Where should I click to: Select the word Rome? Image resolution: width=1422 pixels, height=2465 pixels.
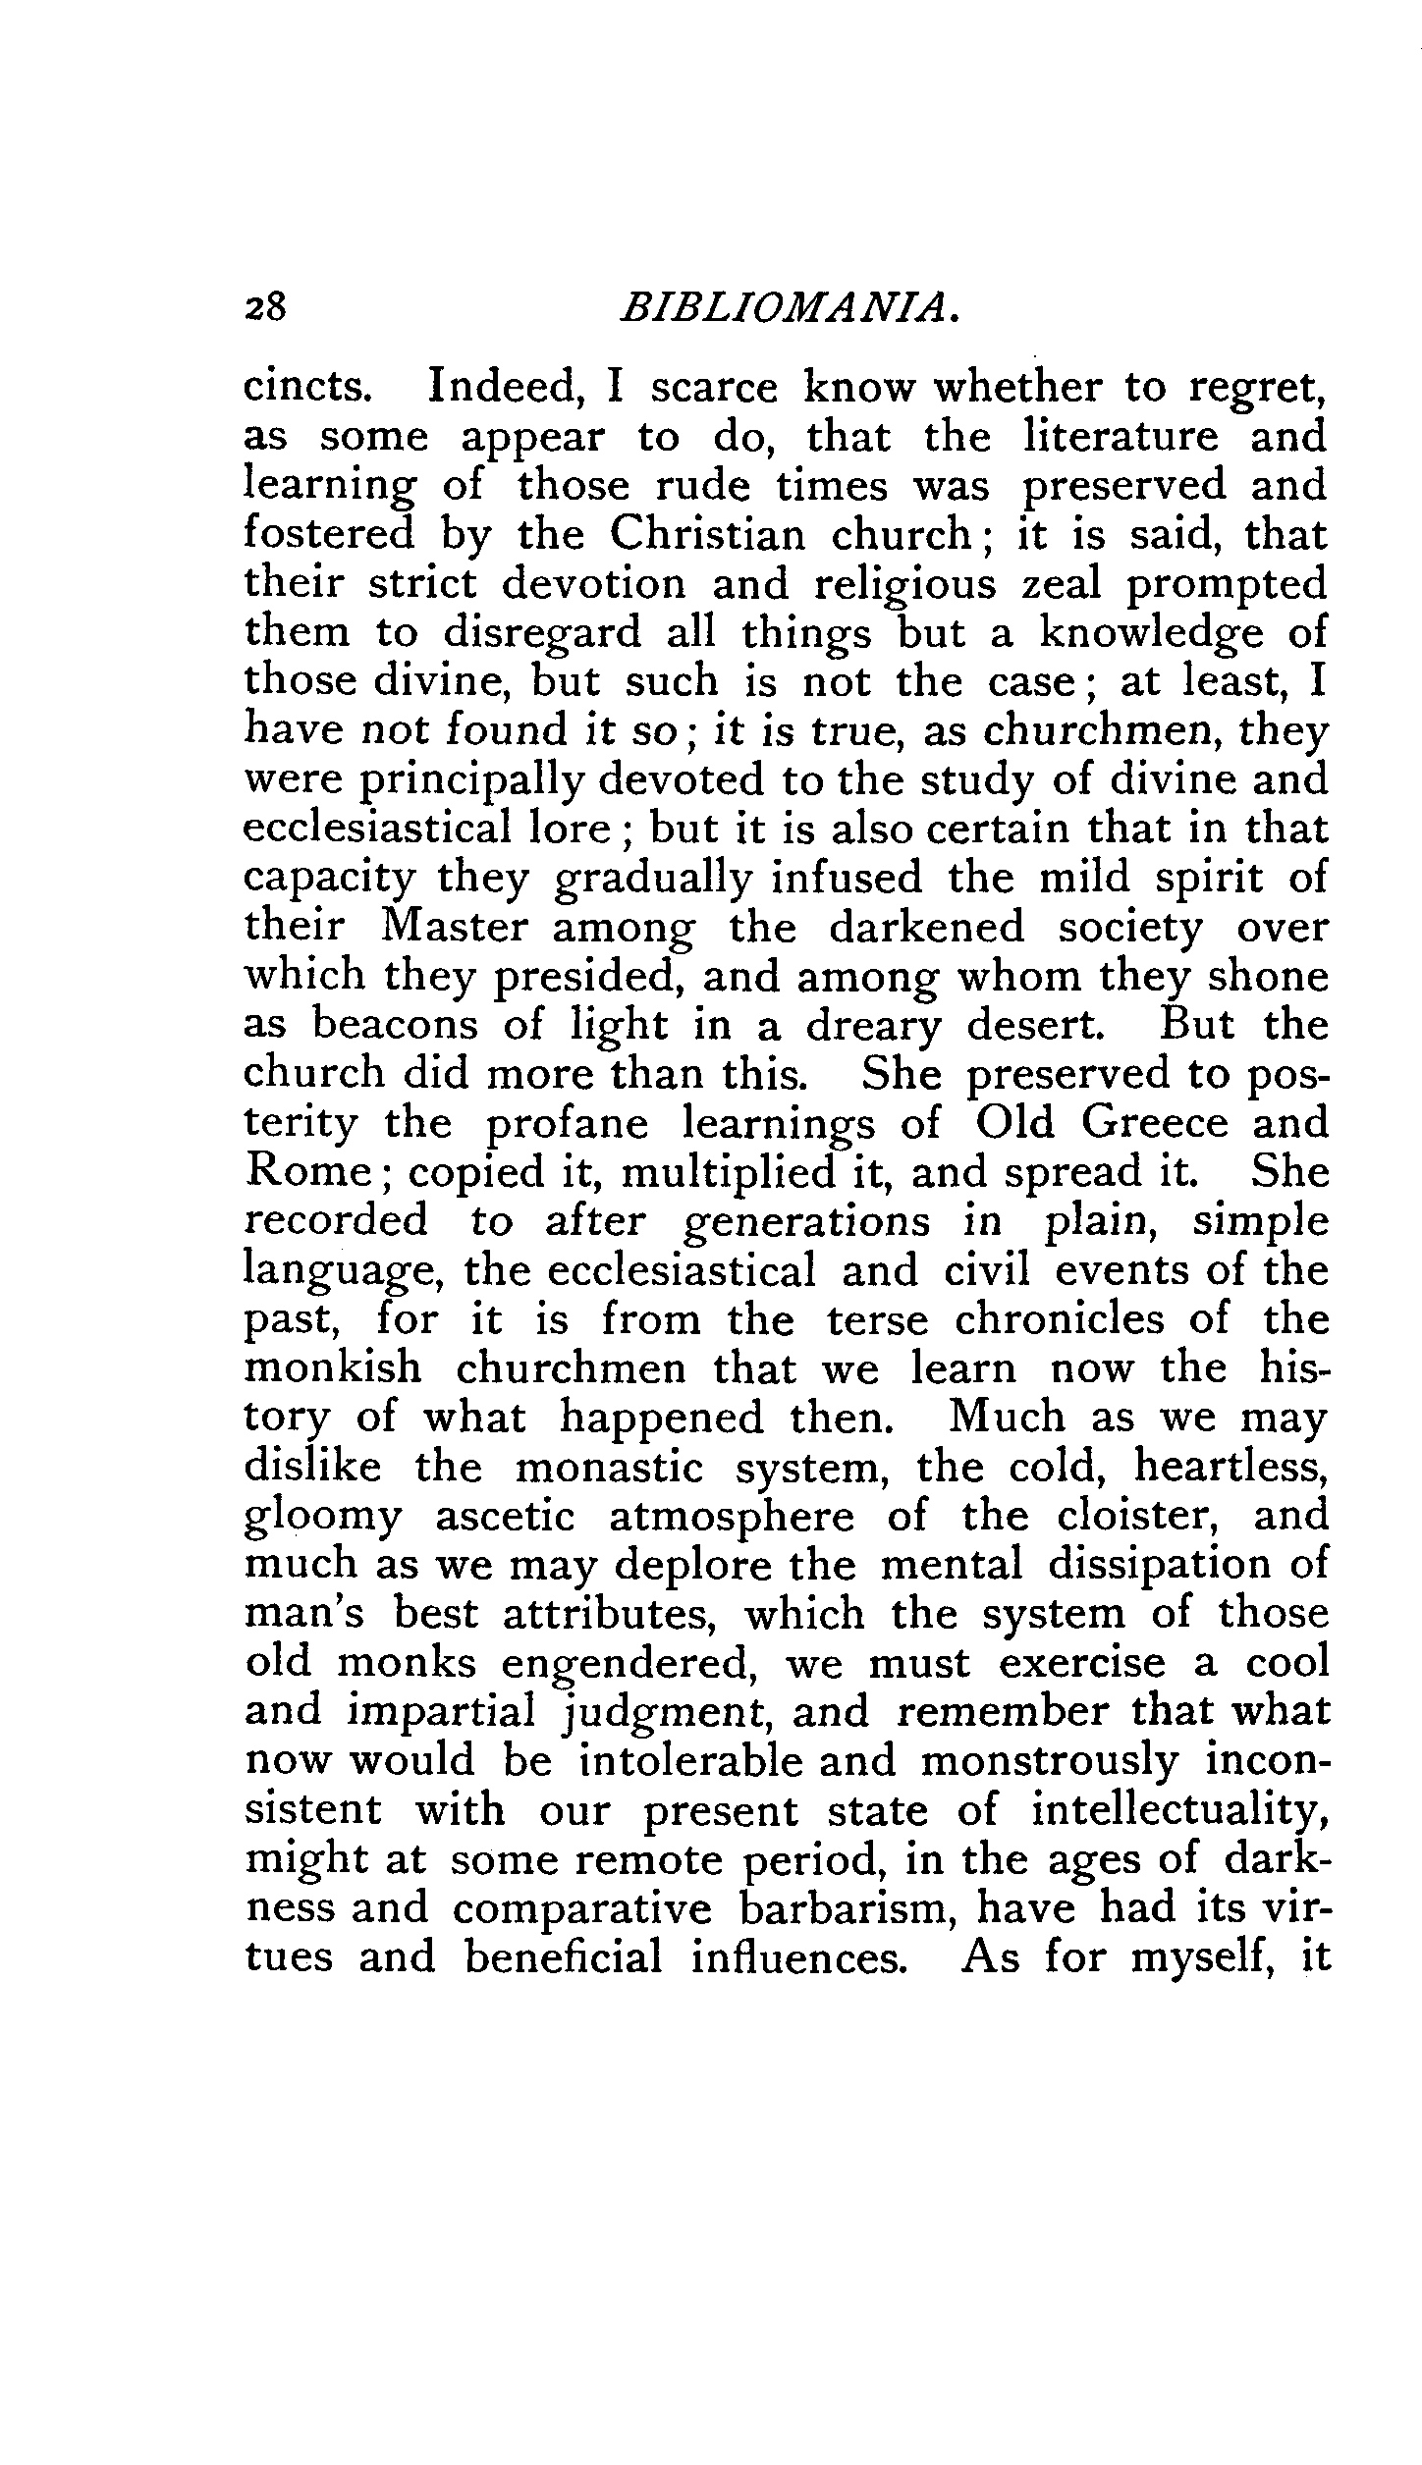click(x=307, y=1173)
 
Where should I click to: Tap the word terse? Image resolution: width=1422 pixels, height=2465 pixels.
click(x=877, y=1320)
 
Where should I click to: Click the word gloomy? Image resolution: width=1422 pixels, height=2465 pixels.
click(x=322, y=1518)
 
